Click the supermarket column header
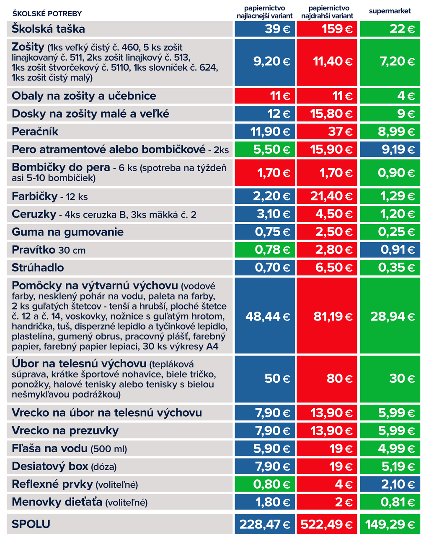(x=390, y=11)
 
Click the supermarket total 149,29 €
(x=390, y=524)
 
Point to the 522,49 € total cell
(x=327, y=524)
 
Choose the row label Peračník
(x=35, y=132)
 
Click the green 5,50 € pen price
(x=265, y=149)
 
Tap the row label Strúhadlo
(x=38, y=268)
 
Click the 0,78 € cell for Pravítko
(x=265, y=250)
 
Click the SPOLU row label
(x=31, y=524)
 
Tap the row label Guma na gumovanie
(x=67, y=232)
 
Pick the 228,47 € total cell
(x=265, y=524)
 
